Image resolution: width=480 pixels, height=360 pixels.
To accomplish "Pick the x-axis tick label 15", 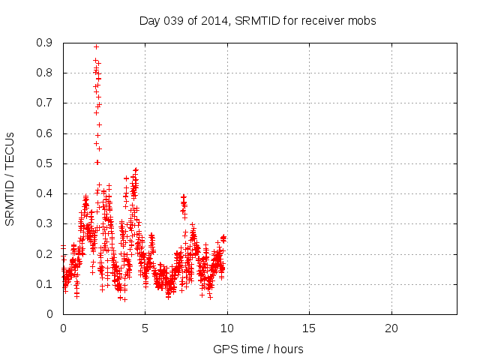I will click(309, 328).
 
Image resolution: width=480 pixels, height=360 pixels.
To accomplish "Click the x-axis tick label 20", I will click(391, 328).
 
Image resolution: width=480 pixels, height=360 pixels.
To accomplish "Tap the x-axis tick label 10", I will click(227, 328).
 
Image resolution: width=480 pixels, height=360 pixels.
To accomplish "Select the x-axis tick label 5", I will click(145, 328).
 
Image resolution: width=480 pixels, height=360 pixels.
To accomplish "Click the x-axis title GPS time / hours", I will click(259, 349).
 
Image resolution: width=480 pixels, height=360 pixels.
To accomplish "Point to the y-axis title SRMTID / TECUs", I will click(10, 178).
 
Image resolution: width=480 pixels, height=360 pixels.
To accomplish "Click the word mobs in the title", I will click(362, 20).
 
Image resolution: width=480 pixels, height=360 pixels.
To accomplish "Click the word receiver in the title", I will click(322, 20).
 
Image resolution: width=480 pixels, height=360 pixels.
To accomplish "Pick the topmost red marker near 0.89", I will click(96, 46).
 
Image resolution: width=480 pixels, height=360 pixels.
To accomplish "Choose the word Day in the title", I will click(150, 20).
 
